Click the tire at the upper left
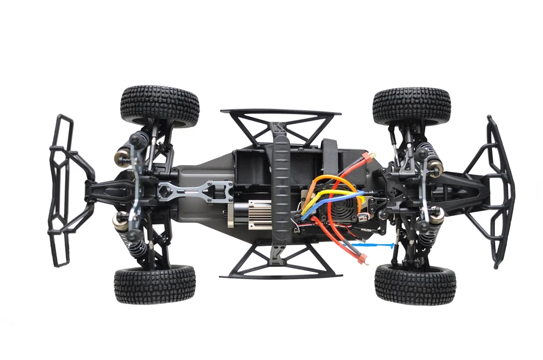pos(160,106)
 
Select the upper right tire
pos(411,105)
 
